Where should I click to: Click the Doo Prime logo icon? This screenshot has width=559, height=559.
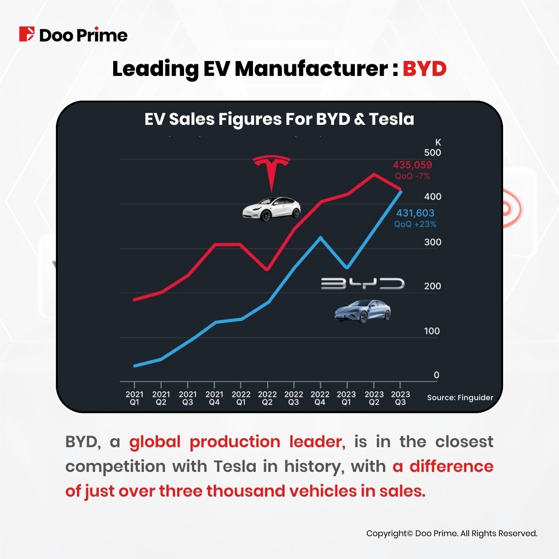coord(27,34)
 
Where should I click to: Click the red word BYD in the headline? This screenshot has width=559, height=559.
coord(424,69)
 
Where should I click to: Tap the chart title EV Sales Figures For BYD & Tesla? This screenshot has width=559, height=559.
coord(279,119)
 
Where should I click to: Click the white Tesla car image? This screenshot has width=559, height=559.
coord(271,208)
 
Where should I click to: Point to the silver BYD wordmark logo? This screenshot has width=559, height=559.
coord(362,284)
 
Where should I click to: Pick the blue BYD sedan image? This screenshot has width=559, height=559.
coord(362,311)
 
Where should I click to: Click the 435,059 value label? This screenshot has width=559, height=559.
coord(412,165)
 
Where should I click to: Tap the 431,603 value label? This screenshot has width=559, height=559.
coord(415,213)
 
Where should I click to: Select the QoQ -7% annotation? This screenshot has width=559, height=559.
coord(412,176)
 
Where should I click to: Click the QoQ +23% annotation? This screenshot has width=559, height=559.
coord(415,224)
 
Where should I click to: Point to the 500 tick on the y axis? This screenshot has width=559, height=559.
coord(432,153)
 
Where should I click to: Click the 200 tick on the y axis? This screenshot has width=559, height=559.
coord(432,286)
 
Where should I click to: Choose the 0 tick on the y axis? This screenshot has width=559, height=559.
coord(436,375)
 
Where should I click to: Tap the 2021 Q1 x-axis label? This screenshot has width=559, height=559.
coord(134,398)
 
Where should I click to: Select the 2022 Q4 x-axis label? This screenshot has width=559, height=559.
coord(320,398)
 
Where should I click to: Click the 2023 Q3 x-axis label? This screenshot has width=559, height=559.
coord(400,398)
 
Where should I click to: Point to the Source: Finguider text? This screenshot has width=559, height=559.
coord(460,398)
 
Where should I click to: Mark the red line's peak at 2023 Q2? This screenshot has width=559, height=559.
coord(374,174)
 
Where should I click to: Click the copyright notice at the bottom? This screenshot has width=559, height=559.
coord(452,533)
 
